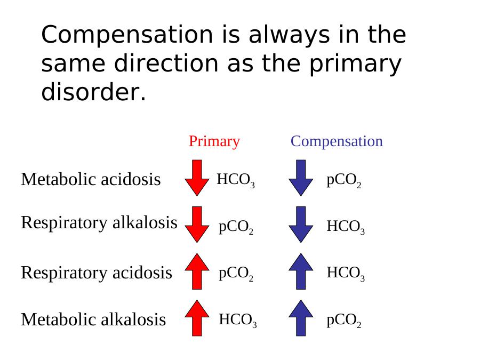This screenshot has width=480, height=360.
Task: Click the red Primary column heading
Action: [x=214, y=141]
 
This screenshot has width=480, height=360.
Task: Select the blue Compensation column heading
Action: [x=337, y=141]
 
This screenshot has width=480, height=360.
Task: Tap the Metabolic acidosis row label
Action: [x=91, y=179]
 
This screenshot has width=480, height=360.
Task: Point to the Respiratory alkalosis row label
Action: [x=99, y=222]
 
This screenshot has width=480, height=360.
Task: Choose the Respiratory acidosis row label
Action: [x=97, y=273]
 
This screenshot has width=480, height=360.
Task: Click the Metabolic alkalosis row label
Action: [x=93, y=319]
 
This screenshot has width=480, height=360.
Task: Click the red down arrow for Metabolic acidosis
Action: [x=197, y=178]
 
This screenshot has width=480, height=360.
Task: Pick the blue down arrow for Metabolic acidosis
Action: [x=301, y=178]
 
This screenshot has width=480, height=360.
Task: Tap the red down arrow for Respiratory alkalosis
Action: [x=197, y=225]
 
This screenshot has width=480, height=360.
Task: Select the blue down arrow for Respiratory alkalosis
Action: [x=301, y=225]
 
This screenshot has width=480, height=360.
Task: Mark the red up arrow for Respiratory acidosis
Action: [x=197, y=271]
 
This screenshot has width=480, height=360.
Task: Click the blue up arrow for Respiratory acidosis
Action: [x=301, y=271]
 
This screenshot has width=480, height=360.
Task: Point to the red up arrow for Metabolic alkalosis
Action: [x=197, y=318]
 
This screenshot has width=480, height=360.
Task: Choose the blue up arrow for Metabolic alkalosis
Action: [x=301, y=318]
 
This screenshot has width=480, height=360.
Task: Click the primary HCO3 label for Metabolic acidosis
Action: [x=236, y=180]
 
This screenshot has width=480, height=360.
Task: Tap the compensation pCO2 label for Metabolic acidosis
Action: [x=344, y=181]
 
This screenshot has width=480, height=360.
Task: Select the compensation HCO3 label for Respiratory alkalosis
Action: [x=346, y=227]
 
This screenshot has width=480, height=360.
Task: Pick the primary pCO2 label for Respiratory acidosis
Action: [x=236, y=274]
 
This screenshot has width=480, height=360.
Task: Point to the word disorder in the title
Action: [x=93, y=92]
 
